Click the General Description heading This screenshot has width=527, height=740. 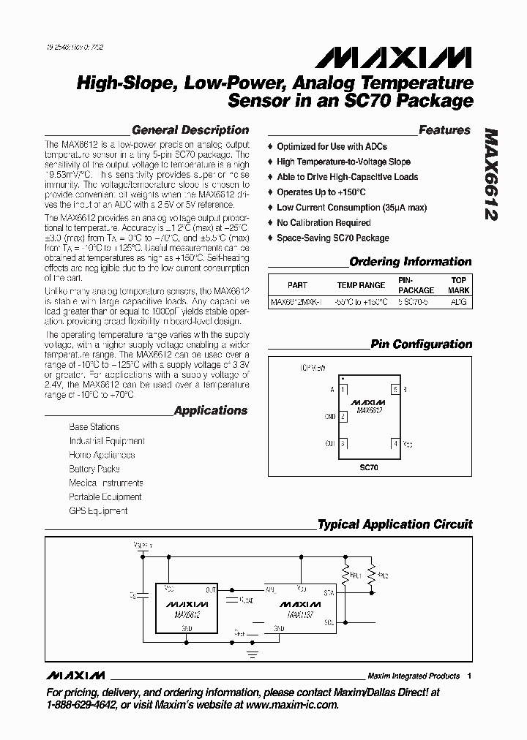(190, 130)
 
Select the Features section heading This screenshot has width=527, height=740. (444, 130)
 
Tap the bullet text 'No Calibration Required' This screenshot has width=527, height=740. (324, 222)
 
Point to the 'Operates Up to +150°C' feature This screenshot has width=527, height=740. (321, 192)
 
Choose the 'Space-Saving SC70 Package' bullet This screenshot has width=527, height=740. (332, 238)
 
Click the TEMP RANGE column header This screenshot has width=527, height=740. (360, 285)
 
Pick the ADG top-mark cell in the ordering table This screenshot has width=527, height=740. (457, 301)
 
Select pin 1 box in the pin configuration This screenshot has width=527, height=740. (343, 390)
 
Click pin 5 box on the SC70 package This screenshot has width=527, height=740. (395, 390)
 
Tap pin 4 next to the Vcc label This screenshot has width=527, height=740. (395, 443)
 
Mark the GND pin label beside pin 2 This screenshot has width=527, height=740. (330, 417)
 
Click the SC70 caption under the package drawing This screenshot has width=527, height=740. (369, 467)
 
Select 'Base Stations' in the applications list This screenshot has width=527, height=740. (94, 427)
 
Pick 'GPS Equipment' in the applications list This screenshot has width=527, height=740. (98, 511)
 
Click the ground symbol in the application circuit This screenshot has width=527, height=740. (252, 653)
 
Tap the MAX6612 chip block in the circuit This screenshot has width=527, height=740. (187, 607)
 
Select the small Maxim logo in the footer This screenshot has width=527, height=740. (75, 675)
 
